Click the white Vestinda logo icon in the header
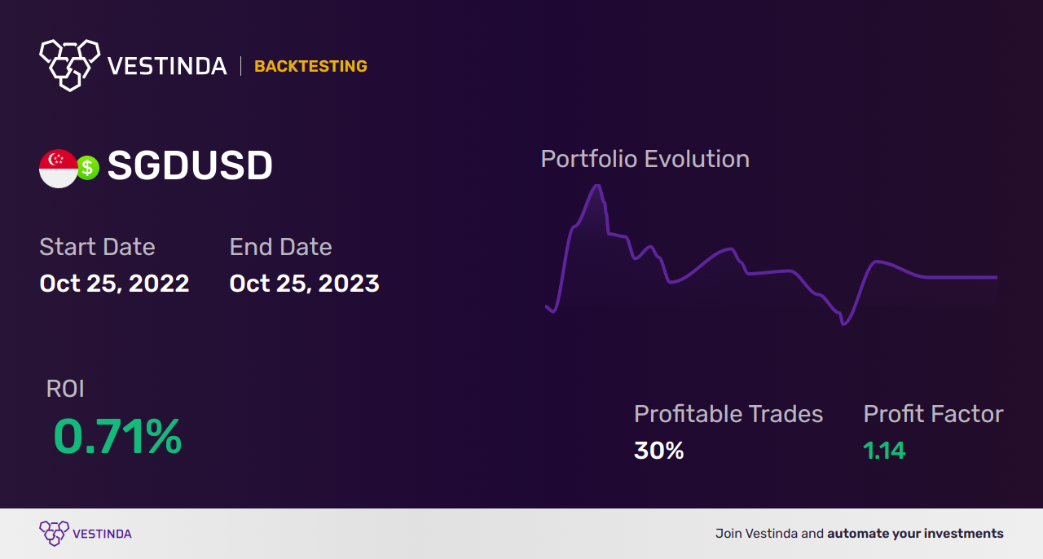[69, 64]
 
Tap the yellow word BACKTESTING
[310, 67]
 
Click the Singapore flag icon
[58, 169]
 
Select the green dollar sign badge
[88, 168]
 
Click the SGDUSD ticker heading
[190, 167]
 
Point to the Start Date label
[97, 247]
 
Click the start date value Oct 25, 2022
[114, 284]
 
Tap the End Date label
[280, 247]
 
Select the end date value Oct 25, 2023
[304, 284]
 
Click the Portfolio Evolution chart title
[645, 159]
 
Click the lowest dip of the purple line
[843, 324]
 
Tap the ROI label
[65, 389]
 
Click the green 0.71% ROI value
[117, 437]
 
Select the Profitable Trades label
[728, 414]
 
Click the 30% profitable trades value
[658, 451]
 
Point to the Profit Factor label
[933, 414]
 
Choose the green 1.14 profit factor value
[884, 451]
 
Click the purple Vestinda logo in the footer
[85, 534]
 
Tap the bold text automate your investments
[915, 534]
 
